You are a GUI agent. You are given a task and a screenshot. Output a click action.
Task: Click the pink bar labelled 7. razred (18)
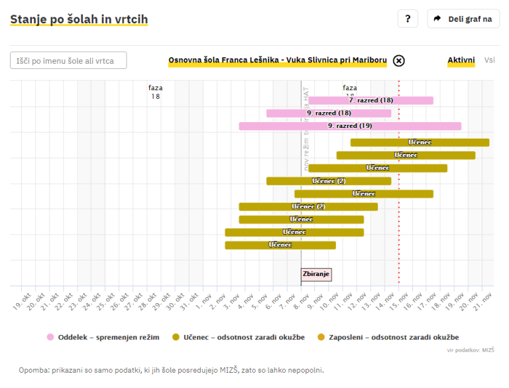(370, 101)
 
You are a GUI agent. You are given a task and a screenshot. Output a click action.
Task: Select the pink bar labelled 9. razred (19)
(349, 126)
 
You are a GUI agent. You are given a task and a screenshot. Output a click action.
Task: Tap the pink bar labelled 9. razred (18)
(328, 113)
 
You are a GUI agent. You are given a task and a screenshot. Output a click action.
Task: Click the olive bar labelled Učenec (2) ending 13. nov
(328, 181)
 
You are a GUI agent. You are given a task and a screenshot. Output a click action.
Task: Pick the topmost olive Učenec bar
(420, 143)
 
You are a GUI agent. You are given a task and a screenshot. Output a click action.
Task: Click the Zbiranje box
(315, 274)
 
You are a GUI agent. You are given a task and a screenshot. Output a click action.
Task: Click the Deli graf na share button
(463, 19)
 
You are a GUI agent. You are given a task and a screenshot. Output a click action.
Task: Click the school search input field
(68, 61)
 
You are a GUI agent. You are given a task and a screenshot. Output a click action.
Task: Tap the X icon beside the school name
(398, 61)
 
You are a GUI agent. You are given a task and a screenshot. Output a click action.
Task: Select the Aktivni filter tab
(461, 60)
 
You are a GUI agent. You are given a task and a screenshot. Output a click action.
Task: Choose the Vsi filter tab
(489, 60)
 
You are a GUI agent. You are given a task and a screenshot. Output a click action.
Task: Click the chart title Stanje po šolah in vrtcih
(79, 19)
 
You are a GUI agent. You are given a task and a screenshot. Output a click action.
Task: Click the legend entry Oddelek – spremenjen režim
(103, 338)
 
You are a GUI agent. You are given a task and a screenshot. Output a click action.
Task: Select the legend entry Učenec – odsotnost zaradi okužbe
(238, 338)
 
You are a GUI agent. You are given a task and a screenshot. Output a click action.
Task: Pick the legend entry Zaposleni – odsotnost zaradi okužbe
(388, 338)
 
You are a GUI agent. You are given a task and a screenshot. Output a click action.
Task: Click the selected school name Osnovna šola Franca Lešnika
(277, 61)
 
